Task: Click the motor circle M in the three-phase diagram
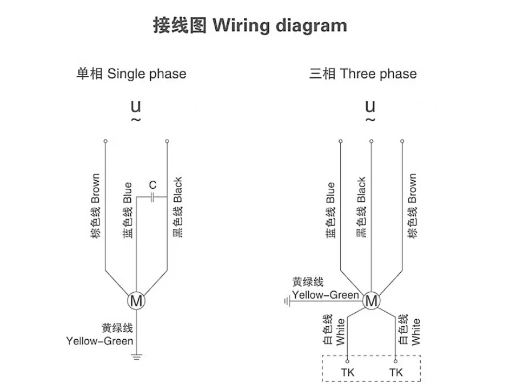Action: click(371, 300)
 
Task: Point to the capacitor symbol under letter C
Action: click(152, 198)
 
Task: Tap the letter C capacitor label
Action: click(152, 185)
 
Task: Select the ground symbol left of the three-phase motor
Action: click(287, 300)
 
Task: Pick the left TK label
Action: click(348, 373)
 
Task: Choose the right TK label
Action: click(396, 373)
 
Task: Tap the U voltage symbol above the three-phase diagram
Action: click(370, 106)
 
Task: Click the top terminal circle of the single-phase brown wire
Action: click(106, 141)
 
